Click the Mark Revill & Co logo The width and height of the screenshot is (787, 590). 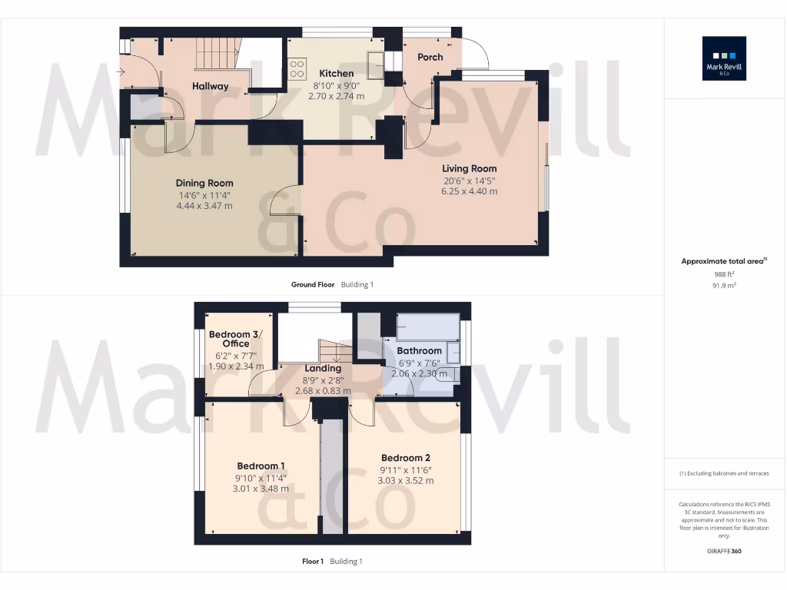[724, 58]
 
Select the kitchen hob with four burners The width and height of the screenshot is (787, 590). [297, 68]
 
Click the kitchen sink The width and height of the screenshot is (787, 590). [376, 65]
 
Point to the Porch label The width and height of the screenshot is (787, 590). [430, 58]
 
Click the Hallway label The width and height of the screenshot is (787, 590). [210, 86]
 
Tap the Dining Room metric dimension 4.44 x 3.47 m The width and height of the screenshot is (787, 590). [204, 206]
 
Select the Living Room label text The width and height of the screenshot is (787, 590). [469, 168]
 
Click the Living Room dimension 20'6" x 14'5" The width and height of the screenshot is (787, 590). [469, 181]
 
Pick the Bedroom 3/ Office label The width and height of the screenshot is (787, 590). [236, 339]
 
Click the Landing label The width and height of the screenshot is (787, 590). [323, 368]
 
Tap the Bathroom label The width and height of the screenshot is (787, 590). [419, 351]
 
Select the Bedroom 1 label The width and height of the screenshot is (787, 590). [261, 466]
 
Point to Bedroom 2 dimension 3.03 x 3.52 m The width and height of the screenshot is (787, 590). [405, 481]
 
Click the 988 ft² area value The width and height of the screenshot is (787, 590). [724, 273]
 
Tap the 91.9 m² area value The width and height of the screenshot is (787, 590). [724, 285]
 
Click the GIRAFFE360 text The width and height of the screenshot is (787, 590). [724, 551]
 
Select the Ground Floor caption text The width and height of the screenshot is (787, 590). [313, 284]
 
